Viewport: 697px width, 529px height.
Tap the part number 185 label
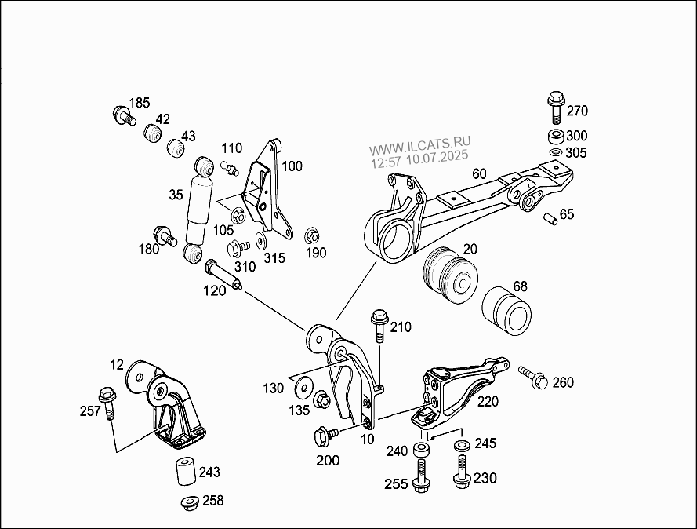139,103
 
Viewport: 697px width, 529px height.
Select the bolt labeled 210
379,325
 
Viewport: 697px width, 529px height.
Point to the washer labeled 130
301,387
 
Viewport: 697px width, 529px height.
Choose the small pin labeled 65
551,217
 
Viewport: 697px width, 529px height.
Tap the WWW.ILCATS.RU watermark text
420,146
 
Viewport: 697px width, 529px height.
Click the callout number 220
488,402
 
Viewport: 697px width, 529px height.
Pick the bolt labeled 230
460,475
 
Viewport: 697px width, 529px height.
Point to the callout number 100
292,166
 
